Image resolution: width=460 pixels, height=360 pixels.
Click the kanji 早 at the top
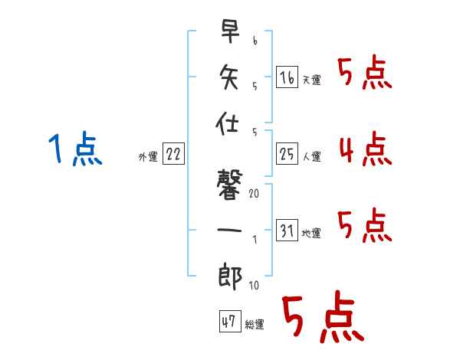[x=230, y=33]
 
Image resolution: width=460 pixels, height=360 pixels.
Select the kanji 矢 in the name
[x=230, y=77]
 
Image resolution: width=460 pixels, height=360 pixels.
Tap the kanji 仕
[x=230, y=123]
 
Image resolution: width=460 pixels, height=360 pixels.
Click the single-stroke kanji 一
[x=230, y=229]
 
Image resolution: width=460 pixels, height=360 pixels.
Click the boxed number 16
[x=287, y=77]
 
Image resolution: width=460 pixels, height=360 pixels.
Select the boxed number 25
[x=287, y=155]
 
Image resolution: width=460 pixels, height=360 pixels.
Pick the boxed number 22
[x=173, y=154]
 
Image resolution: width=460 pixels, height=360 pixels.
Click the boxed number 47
[x=229, y=322]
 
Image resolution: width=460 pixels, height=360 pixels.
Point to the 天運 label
[x=312, y=80]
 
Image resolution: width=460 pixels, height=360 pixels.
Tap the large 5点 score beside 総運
[x=322, y=318]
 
